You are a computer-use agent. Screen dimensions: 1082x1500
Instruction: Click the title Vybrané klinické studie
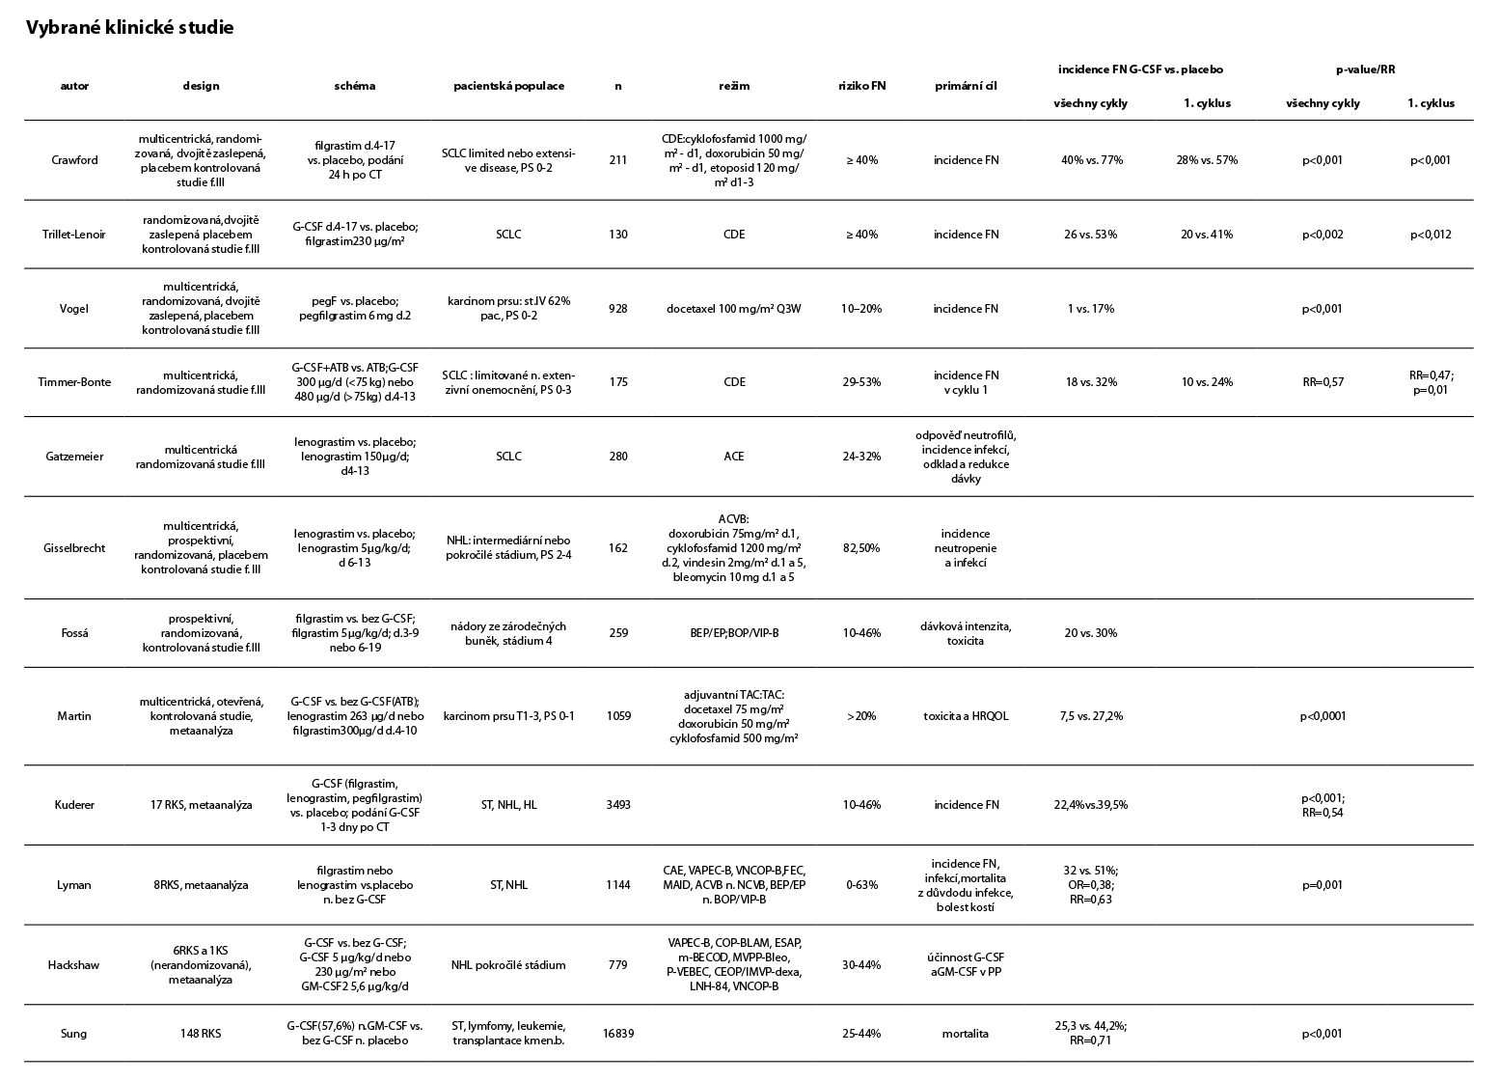[x=130, y=28]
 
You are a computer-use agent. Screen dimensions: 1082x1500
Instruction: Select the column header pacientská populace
[x=509, y=86]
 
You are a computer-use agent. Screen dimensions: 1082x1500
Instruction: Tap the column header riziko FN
[x=861, y=86]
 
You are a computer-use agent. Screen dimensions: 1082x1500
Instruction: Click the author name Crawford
[x=74, y=160]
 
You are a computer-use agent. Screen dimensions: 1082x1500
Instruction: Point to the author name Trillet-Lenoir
[x=74, y=235]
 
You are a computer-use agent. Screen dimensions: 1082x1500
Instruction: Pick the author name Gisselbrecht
[x=74, y=548]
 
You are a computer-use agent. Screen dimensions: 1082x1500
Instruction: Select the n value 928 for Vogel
[x=618, y=309]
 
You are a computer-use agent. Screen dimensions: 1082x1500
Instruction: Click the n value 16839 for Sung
[x=618, y=1034]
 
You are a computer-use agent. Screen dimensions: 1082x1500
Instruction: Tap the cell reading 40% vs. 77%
[x=1092, y=160]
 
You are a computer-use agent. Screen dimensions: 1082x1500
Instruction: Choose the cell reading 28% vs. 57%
[x=1207, y=160]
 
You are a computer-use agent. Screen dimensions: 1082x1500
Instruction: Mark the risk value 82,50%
[x=861, y=548]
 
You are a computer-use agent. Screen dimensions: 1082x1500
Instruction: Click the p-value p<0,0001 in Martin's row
[x=1323, y=716]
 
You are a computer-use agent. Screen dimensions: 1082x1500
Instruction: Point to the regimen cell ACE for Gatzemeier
[x=734, y=457]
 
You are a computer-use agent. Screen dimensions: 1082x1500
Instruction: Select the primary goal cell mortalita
[x=966, y=1034]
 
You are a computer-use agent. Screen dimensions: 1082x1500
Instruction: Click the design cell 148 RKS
[x=201, y=1034]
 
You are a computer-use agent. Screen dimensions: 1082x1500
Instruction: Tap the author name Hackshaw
[x=74, y=965]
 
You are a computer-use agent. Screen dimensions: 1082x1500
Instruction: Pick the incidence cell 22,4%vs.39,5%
[x=1092, y=805]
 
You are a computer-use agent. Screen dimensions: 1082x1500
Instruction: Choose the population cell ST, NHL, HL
[x=509, y=805]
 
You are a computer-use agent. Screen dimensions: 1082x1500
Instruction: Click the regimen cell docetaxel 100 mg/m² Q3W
[x=734, y=309]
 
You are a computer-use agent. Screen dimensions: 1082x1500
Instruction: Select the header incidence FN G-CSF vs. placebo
[x=1140, y=69]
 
